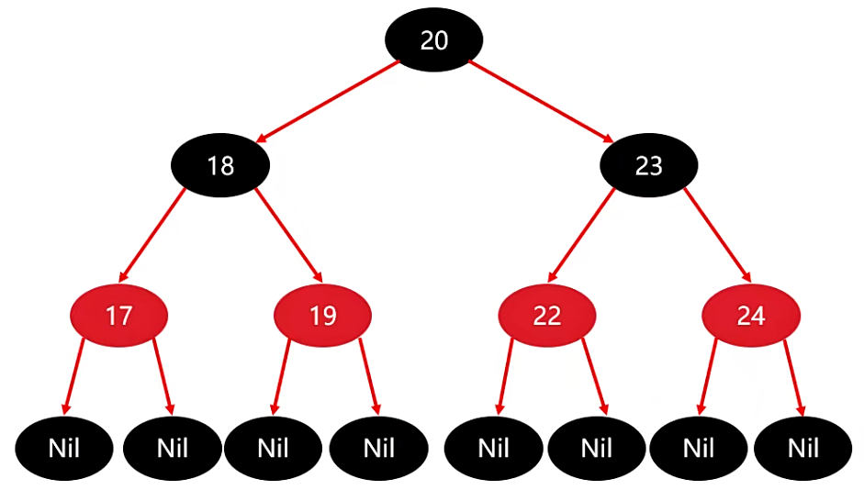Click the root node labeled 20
coord(433,39)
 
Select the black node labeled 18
coord(220,166)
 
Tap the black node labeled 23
coord(649,166)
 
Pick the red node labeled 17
coord(119,317)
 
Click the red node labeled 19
coord(323,317)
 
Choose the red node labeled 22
coord(547,317)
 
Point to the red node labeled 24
coord(751,317)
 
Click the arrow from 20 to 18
coord(328,101)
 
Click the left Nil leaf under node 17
coord(65,450)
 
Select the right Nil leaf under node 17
coord(173,450)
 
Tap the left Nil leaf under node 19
coord(274,450)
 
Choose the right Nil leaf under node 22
coord(597,450)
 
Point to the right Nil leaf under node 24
coord(803,450)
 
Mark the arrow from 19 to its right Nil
coord(368,376)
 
